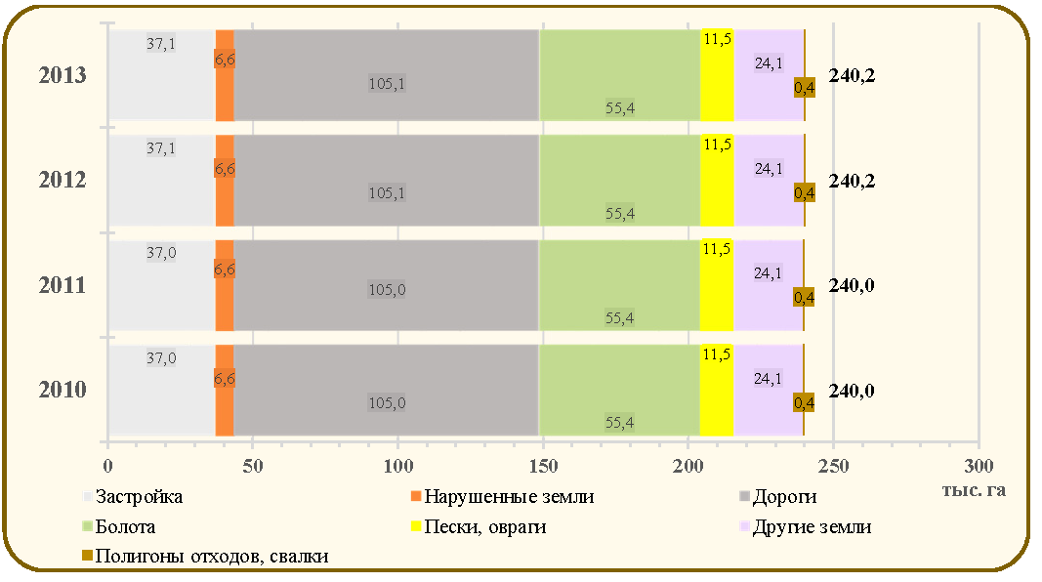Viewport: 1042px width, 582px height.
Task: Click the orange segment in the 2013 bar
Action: point(225,75)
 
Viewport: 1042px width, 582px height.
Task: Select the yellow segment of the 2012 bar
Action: point(717,180)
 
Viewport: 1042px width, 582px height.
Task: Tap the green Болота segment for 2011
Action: point(619,285)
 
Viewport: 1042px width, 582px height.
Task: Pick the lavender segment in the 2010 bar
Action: point(768,390)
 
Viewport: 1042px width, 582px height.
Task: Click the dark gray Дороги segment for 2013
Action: point(387,75)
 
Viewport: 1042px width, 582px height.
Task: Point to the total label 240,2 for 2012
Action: point(852,181)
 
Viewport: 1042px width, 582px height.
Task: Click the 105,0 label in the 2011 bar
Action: point(387,290)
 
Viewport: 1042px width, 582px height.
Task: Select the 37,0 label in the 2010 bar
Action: point(161,358)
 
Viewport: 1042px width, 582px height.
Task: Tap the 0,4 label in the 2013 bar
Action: point(804,88)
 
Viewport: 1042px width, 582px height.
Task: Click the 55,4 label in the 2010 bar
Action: point(619,423)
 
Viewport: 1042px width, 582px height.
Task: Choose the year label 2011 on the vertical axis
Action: point(63,285)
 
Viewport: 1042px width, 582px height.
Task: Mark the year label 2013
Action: point(63,75)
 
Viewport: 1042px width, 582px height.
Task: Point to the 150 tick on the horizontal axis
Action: point(543,466)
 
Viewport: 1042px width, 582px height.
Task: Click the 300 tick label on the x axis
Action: point(979,466)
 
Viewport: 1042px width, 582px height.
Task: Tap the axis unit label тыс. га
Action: point(974,490)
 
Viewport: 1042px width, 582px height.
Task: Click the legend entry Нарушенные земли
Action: point(502,496)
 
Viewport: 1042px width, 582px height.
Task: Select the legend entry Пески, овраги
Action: point(479,527)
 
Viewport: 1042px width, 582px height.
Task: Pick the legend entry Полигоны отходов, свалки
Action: point(205,556)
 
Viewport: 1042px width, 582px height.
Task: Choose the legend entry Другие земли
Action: point(806,527)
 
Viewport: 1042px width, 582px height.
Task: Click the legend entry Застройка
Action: point(132,496)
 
